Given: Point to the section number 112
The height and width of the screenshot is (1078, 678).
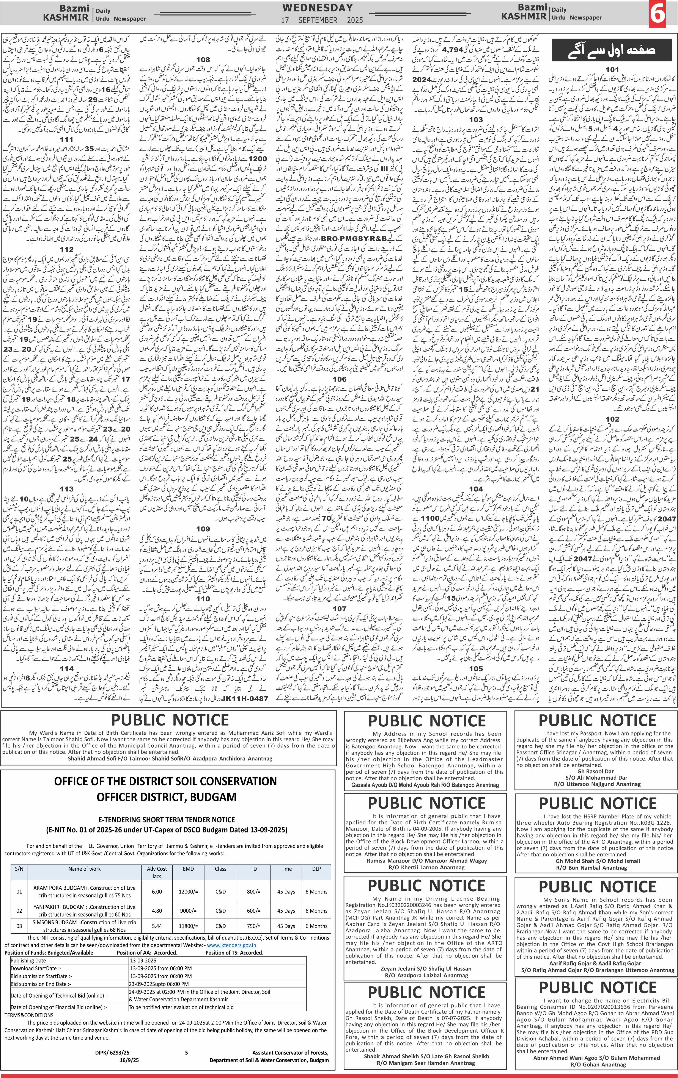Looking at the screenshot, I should pos(66,249).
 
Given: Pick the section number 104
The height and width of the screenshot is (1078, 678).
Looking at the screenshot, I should pos(476,489).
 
